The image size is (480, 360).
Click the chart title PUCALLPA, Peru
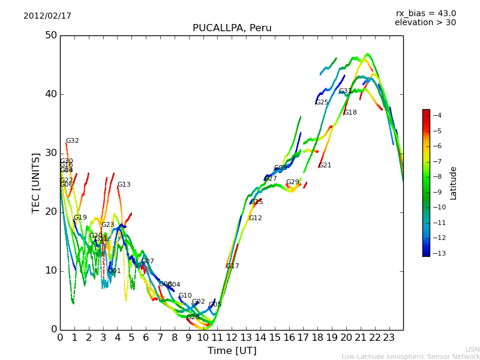232,28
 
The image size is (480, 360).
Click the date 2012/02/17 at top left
47,16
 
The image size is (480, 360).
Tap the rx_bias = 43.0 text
425,13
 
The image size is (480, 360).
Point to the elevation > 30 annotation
425,23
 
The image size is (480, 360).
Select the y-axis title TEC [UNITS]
36,182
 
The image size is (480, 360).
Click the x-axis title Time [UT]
232,351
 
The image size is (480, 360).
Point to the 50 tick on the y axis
50,35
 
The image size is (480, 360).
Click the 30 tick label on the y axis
50,153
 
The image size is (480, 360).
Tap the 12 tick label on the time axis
232,337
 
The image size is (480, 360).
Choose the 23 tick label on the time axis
389,337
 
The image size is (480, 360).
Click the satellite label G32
72,141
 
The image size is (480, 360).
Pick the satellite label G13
124,185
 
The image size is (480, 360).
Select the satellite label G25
322,103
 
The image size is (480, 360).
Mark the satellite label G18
350,113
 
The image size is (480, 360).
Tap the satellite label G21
325,166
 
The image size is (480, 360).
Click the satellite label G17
232,266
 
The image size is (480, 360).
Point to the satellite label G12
255,218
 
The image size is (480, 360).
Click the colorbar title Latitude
454,183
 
